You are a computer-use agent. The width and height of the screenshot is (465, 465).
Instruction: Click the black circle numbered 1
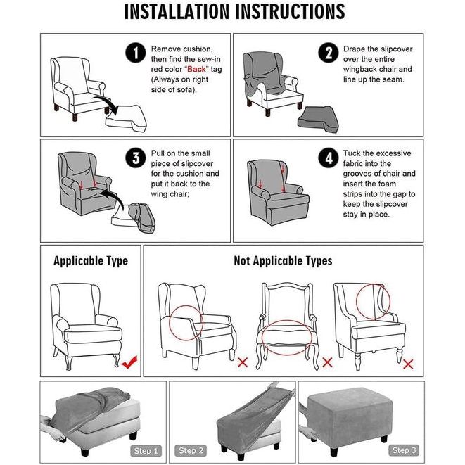pos(136,53)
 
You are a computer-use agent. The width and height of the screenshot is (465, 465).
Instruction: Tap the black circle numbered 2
pos(329,53)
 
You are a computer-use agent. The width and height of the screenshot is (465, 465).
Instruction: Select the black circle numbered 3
pos(136,158)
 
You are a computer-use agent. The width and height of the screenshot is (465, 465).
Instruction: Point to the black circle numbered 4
pos(329,158)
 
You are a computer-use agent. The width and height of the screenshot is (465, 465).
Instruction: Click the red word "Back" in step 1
pos(196,69)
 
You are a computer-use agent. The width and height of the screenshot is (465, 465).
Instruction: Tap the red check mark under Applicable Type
pos(129,362)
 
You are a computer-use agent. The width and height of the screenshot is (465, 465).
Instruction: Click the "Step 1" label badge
pos(146,451)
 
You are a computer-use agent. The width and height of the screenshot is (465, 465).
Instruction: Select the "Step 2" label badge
pos(191,451)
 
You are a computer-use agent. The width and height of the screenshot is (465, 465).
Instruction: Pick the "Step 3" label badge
pos(404,450)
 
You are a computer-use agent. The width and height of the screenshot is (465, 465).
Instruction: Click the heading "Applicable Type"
pos(91,261)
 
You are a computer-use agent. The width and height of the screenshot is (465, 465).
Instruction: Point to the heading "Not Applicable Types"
pos(283,261)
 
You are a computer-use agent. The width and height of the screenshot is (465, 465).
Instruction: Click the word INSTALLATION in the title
pos(177,11)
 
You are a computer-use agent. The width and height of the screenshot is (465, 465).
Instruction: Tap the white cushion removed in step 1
pos(126,119)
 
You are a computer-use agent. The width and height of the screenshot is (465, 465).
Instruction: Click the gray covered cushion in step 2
pos(318,120)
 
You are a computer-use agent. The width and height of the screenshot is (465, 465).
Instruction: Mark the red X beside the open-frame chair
pos(327,362)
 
